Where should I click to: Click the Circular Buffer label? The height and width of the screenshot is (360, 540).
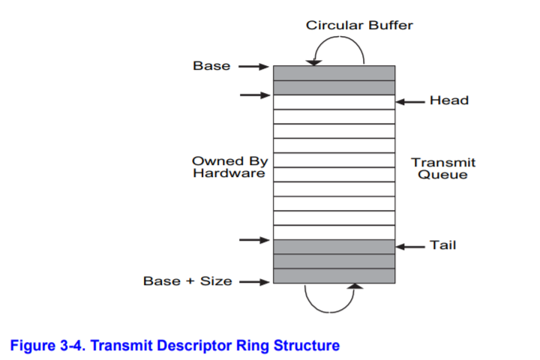click(x=358, y=25)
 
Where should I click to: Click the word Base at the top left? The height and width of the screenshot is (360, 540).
click(x=211, y=66)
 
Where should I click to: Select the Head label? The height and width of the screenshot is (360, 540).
click(x=448, y=101)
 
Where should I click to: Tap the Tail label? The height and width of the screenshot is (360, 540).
click(x=442, y=245)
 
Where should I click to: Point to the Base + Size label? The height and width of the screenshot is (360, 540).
click(x=187, y=281)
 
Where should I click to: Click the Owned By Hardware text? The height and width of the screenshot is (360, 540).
click(x=229, y=166)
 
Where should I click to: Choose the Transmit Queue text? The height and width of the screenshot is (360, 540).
click(x=442, y=168)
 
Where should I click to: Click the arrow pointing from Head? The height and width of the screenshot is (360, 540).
click(x=410, y=101)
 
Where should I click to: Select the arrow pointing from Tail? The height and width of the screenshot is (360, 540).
click(x=410, y=246)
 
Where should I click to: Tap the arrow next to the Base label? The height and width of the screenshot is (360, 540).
click(x=254, y=67)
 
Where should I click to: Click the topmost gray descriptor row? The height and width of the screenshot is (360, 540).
click(x=334, y=73)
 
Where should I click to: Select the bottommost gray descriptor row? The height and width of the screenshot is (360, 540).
click(x=334, y=276)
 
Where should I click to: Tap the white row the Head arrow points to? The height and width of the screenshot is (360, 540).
click(x=334, y=102)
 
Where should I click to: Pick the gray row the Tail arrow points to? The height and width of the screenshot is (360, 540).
click(x=334, y=247)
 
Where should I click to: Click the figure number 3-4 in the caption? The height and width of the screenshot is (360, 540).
click(x=66, y=346)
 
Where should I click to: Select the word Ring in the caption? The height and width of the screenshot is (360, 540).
click(x=263, y=346)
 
